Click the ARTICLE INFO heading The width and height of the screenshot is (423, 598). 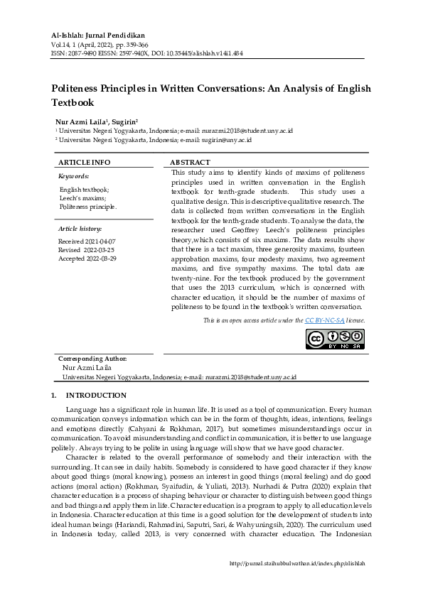click(84, 163)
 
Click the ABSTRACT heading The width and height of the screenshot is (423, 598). click(191, 163)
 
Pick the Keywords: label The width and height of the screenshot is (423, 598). click(73, 175)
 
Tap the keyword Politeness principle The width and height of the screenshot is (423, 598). click(88, 207)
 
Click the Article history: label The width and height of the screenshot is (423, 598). click(80, 229)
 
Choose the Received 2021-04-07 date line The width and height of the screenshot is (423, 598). click(87, 241)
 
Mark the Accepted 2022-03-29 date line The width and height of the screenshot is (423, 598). click(87, 259)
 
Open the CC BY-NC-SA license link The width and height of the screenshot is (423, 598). click(324, 321)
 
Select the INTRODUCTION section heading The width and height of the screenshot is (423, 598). click(96, 396)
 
